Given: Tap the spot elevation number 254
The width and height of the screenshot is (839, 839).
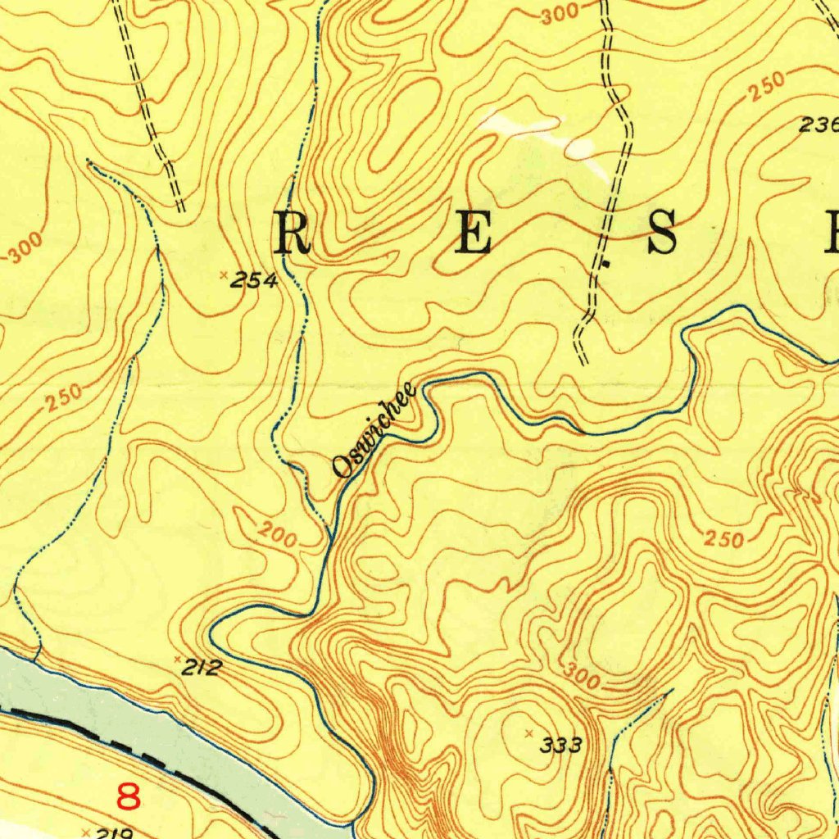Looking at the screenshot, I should (x=254, y=281).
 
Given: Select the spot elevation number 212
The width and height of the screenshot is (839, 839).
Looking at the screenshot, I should (x=202, y=669).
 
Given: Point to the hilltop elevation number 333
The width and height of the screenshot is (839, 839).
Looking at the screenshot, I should (x=561, y=745).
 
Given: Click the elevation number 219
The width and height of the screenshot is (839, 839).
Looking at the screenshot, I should (x=115, y=833).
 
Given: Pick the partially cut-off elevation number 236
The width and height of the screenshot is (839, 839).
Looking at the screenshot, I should (x=819, y=125).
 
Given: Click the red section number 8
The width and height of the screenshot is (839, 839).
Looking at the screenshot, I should (x=129, y=796).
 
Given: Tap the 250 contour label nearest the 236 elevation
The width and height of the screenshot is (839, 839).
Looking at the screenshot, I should (x=766, y=85).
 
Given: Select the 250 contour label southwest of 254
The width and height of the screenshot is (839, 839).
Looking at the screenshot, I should (x=64, y=397).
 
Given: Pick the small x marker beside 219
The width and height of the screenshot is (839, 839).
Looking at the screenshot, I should (x=86, y=831).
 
